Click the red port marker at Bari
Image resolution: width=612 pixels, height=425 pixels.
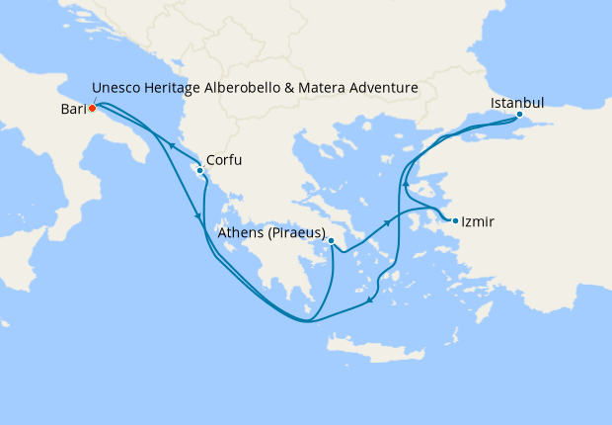click(x=91, y=109)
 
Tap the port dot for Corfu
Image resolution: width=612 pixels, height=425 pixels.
click(x=200, y=170)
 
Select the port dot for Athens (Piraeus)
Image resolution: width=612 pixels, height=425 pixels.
click(x=332, y=240)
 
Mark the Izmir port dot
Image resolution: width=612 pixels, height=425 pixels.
click(x=455, y=220)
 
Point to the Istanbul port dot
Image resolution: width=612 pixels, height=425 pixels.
click(x=519, y=115)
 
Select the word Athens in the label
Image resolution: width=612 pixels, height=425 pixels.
click(x=241, y=233)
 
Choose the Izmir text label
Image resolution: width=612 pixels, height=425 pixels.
click(x=479, y=222)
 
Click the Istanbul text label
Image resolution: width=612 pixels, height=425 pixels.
click(x=516, y=101)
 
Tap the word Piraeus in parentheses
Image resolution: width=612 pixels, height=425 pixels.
click(x=296, y=233)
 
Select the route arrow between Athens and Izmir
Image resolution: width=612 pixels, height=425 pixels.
click(x=388, y=223)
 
